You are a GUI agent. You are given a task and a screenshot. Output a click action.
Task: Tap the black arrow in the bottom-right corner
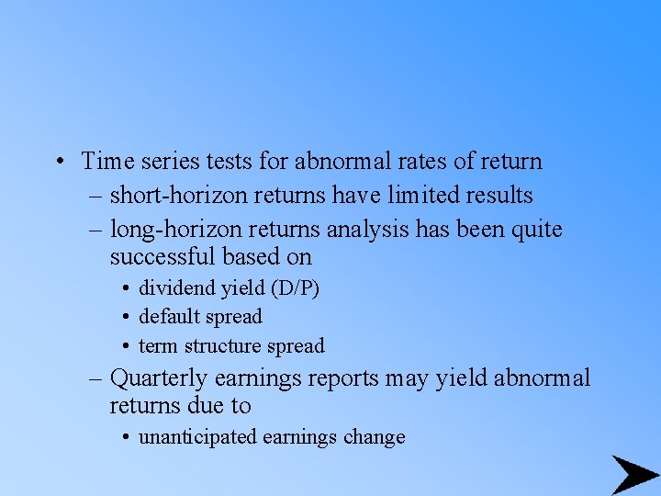[x=633, y=475]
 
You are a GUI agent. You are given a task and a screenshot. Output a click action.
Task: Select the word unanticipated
[x=197, y=437]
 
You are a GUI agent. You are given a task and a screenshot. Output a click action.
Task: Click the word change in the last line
[x=374, y=437]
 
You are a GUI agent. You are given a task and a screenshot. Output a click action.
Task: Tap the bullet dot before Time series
[x=58, y=163]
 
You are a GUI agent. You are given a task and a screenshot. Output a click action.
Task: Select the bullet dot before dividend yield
[x=124, y=288]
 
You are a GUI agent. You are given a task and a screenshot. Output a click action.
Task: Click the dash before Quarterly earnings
[x=97, y=378]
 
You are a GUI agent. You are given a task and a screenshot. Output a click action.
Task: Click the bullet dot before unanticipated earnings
[x=124, y=438]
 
